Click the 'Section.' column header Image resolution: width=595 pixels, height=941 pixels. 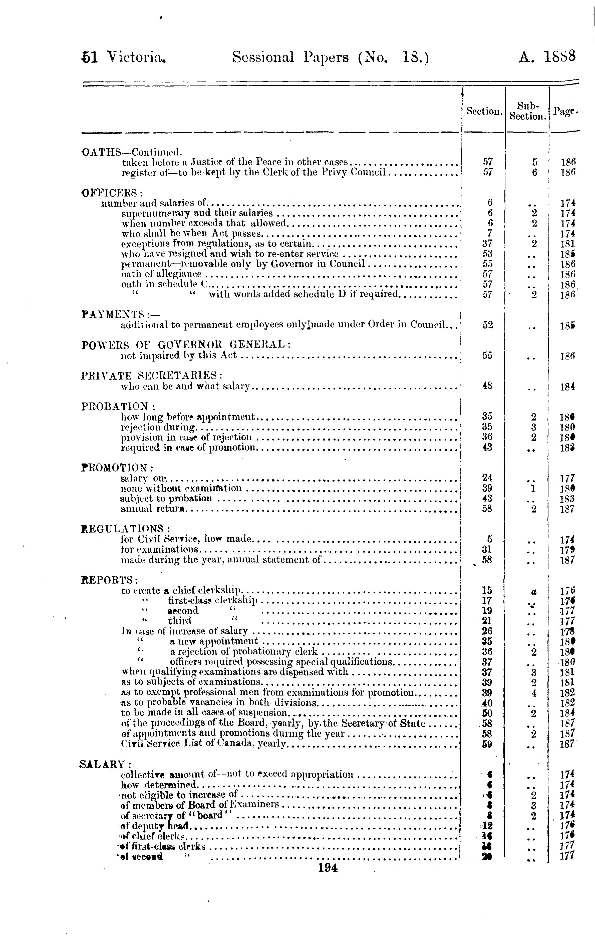(484, 111)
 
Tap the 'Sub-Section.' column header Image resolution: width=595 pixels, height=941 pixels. (527, 111)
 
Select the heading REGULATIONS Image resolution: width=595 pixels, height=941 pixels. (125, 529)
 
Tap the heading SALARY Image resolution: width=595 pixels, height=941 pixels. (105, 764)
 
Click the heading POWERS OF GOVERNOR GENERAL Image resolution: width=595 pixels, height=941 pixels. (186, 345)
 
